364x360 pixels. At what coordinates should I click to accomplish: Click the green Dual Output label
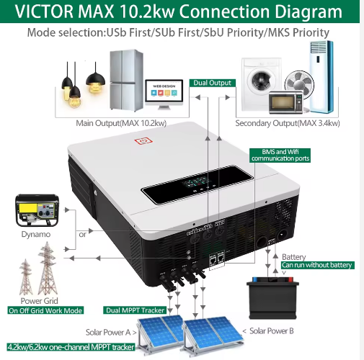[x=213, y=83]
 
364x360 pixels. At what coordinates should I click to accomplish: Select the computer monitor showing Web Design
[x=164, y=94]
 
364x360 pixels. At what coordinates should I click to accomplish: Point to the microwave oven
[x=286, y=102]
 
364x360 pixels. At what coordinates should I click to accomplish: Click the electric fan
[x=300, y=84]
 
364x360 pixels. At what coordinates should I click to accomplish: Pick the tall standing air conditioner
[x=321, y=77]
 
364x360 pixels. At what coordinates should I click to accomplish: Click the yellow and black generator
[x=37, y=210]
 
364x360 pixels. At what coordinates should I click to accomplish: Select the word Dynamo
[x=36, y=234]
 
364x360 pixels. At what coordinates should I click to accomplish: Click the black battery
[x=272, y=298]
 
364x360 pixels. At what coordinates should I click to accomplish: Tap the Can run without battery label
[x=318, y=265]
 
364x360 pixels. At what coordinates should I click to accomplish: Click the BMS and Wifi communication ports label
[x=280, y=156]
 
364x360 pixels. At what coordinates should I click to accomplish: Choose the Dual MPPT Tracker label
[x=135, y=310]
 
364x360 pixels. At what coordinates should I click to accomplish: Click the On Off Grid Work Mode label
[x=45, y=310]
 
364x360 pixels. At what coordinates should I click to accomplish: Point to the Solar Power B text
[x=272, y=331]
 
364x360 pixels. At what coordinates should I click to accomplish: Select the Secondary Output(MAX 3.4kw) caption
[x=288, y=123]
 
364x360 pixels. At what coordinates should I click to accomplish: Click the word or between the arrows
[x=82, y=235]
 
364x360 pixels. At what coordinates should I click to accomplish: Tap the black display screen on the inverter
[x=197, y=184]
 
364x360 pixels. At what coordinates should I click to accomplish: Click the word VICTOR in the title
[x=44, y=12]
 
